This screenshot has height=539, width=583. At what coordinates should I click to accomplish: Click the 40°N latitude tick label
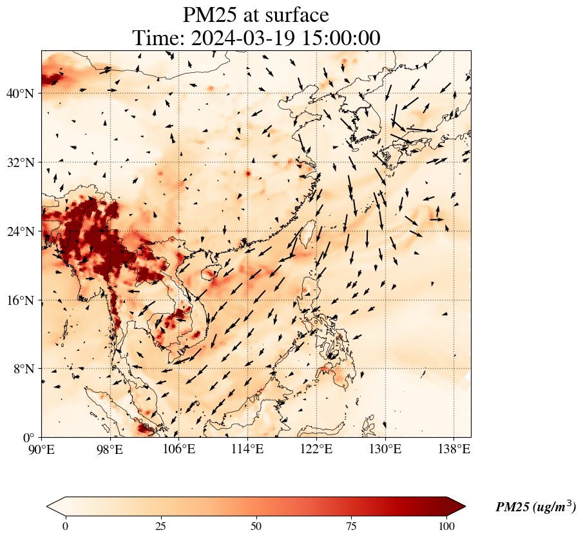pyautogui.click(x=20, y=93)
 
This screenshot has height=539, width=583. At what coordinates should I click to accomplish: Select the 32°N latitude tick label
pyautogui.click(x=20, y=162)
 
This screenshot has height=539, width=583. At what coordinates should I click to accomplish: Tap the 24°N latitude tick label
pyautogui.click(x=20, y=231)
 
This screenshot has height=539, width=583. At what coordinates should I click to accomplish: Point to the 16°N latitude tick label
pyautogui.click(x=20, y=300)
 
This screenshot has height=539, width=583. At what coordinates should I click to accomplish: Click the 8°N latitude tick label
pyautogui.click(x=23, y=369)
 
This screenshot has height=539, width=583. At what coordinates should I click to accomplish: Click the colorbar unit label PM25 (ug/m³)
pyautogui.click(x=535, y=507)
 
